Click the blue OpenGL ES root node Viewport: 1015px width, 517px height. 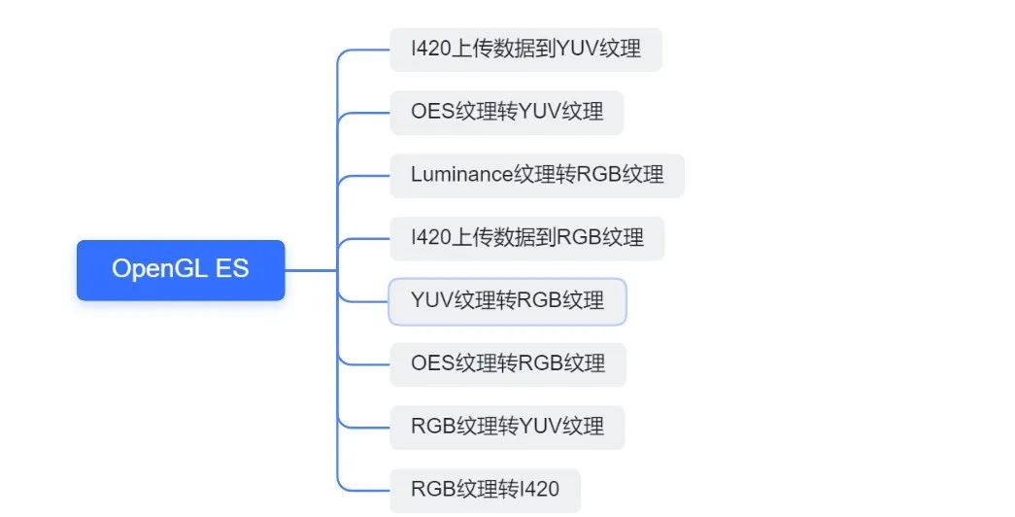pyautogui.click(x=181, y=269)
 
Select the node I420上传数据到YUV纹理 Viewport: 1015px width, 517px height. pyautogui.click(x=525, y=50)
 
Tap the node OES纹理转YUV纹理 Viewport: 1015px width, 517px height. pyautogui.click(x=506, y=112)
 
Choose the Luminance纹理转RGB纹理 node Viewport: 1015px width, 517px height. pyautogui.click(x=536, y=175)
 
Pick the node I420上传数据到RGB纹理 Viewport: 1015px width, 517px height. pyautogui.click(x=526, y=238)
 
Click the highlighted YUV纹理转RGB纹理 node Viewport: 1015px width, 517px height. pyautogui.click(x=507, y=301)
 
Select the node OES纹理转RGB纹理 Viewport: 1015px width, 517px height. pyautogui.click(x=507, y=363)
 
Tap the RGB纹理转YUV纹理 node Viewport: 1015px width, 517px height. pyautogui.click(x=507, y=427)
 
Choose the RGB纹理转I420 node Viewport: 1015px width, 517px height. pyautogui.click(x=485, y=489)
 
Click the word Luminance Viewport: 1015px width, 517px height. pyautogui.click(x=461, y=175)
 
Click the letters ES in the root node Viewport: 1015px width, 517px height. pyautogui.click(x=232, y=269)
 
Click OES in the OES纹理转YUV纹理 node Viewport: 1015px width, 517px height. pyautogui.click(x=432, y=112)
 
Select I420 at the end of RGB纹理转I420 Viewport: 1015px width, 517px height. pyautogui.click(x=540, y=489)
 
